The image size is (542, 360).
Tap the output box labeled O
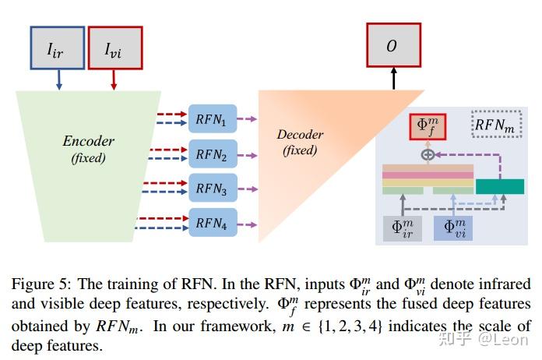pos(392,46)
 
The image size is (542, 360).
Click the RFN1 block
pos(212,121)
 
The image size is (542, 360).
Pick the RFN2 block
pos(212,155)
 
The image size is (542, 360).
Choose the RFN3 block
pos(212,189)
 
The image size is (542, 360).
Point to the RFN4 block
pos(212,223)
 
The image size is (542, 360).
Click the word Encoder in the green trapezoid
pos(88,141)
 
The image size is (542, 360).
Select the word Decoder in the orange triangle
pos(300,134)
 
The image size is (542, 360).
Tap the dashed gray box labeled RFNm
pos(496,124)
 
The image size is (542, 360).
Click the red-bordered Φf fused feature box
pos(427,126)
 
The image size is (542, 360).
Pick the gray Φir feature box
pos(402,227)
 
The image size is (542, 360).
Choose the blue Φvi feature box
pos(453,227)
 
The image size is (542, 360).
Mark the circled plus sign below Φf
pos(427,154)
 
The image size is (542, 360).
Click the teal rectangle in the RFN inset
pos(499,186)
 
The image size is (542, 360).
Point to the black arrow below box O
pos(393,77)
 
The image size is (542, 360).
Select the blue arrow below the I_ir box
pos(58,79)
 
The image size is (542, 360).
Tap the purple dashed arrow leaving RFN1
pos(248,120)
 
